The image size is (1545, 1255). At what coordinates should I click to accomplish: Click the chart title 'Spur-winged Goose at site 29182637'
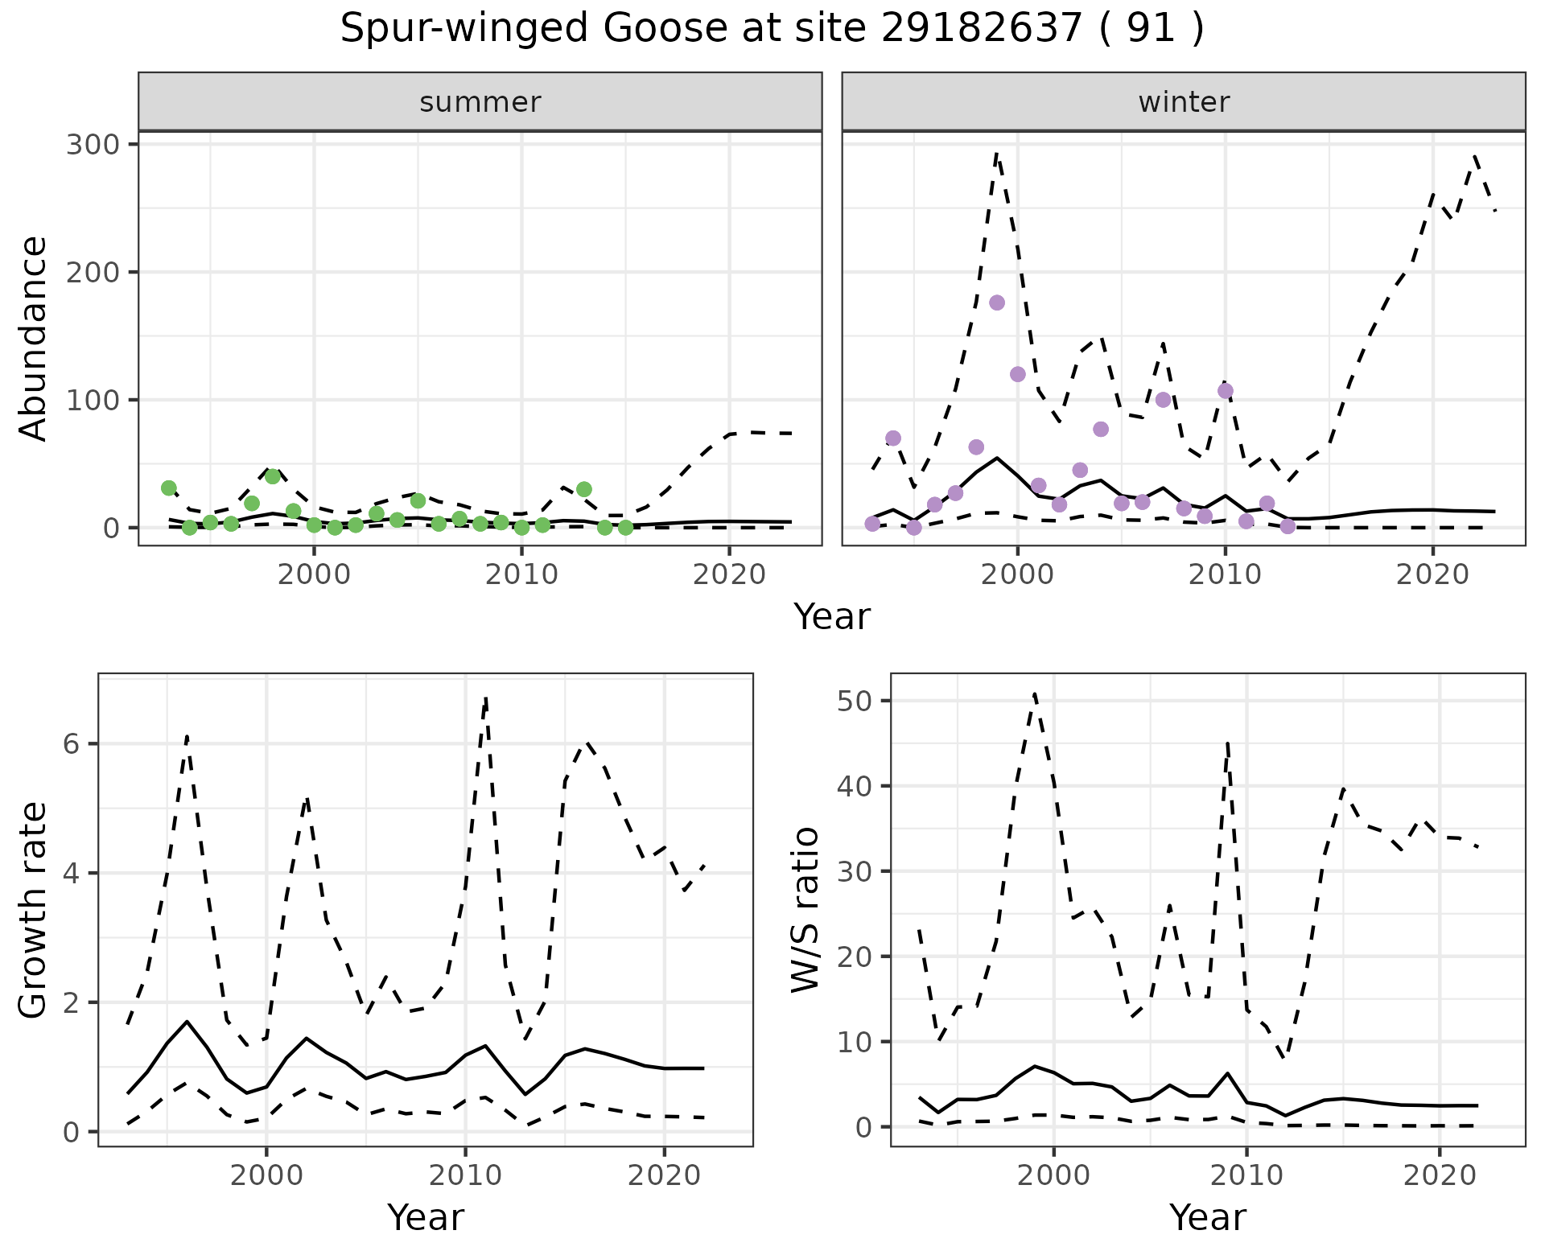(x=771, y=29)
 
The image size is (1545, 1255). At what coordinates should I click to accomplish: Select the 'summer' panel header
(x=480, y=102)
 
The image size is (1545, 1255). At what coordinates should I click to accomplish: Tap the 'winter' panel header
(x=1183, y=102)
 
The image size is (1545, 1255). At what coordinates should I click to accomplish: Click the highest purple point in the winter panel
(x=997, y=302)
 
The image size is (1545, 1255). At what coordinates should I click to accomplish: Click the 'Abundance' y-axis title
(x=34, y=338)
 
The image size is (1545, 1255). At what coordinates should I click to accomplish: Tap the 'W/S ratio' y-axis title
(x=805, y=909)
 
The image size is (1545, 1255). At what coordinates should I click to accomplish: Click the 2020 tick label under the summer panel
(x=728, y=575)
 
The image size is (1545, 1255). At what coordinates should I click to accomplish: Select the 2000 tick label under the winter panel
(x=1018, y=575)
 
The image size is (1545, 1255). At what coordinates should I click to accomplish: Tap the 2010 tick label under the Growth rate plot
(x=465, y=1176)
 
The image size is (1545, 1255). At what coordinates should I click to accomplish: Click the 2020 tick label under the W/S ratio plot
(x=1439, y=1176)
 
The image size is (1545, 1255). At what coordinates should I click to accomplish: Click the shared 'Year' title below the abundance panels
(x=832, y=618)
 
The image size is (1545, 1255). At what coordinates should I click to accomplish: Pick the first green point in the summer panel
(x=169, y=488)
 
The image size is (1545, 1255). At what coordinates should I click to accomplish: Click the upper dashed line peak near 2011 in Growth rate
(x=486, y=698)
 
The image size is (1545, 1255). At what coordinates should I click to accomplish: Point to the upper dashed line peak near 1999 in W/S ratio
(x=1035, y=693)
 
